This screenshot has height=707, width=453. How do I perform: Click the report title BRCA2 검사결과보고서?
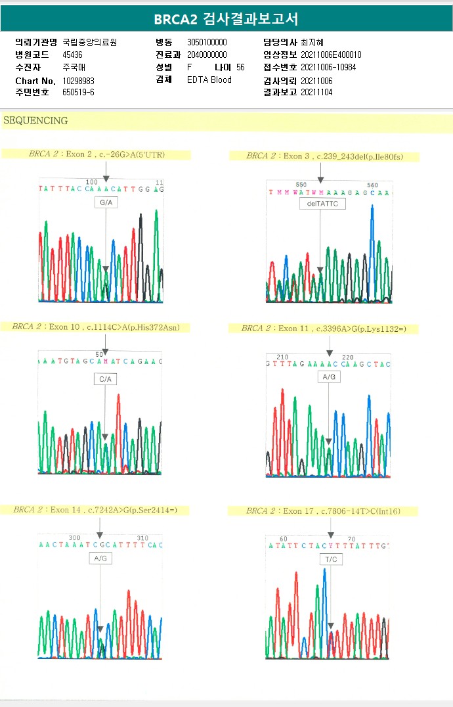226,19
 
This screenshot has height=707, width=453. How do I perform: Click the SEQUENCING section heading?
35,121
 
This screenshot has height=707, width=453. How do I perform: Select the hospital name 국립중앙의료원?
90,42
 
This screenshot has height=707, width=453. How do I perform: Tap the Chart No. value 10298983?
79,80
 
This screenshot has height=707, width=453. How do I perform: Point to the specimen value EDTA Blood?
209,80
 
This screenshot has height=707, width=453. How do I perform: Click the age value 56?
240,68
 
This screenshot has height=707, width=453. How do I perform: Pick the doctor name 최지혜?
313,42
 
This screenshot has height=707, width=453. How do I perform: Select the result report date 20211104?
316,93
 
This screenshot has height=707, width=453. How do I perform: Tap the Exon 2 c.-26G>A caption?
97,155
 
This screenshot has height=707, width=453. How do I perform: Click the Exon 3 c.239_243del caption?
324,156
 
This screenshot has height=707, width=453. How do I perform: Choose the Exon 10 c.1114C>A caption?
96,327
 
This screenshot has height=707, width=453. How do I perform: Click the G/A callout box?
106,203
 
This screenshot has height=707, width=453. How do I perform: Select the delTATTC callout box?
322,204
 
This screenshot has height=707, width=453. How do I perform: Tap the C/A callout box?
106,379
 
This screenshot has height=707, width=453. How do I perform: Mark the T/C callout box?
330,559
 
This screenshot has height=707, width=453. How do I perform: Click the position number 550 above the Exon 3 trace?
301,185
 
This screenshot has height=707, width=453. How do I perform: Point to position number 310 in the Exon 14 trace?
142,537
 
